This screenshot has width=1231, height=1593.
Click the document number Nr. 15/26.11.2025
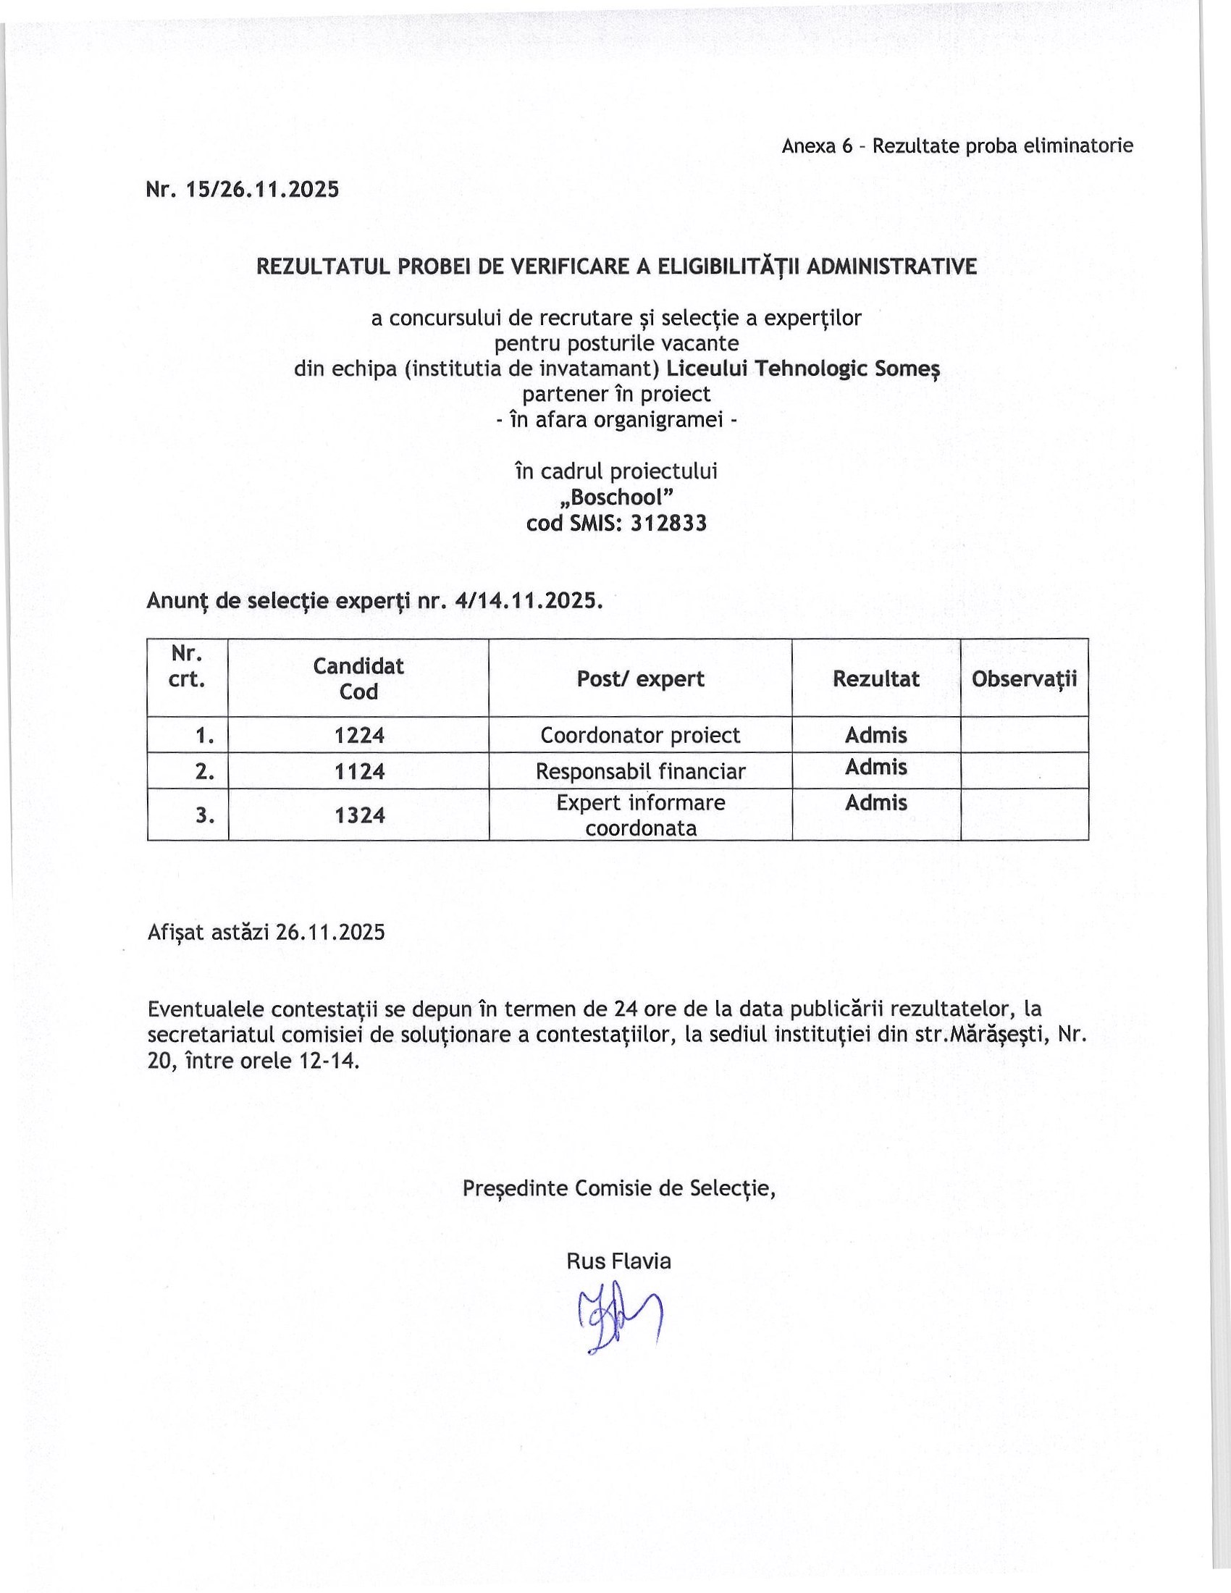(x=242, y=190)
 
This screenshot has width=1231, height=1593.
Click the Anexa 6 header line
(x=957, y=146)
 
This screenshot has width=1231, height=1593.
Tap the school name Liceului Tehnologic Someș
(x=803, y=369)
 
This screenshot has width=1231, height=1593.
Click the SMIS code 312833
(x=668, y=523)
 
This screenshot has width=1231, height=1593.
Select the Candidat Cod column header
(x=358, y=678)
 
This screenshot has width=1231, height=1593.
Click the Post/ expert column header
(x=640, y=678)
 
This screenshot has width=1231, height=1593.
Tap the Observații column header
(x=1024, y=678)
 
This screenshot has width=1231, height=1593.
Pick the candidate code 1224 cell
(x=358, y=735)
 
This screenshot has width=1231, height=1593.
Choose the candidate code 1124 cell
(x=358, y=772)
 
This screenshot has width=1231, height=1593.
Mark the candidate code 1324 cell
(x=358, y=815)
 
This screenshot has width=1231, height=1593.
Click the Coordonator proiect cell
(x=640, y=735)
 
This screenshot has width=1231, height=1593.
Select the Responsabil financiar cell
(x=640, y=772)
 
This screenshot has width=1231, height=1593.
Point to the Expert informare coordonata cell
(x=640, y=815)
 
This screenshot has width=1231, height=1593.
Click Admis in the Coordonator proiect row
(x=876, y=735)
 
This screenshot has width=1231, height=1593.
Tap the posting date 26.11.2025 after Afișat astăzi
(x=330, y=932)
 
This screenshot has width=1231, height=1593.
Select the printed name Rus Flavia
(x=618, y=1261)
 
